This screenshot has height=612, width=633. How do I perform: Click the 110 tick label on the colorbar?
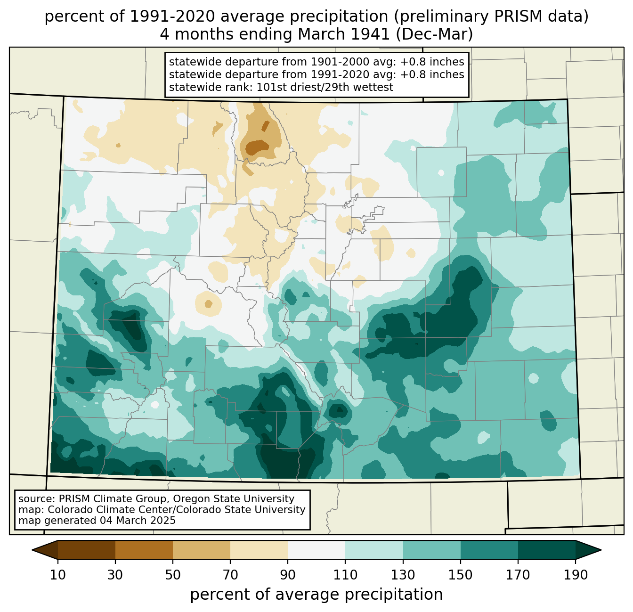345,575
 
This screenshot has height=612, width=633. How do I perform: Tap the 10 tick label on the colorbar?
57,575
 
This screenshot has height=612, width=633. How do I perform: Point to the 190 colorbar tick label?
576,575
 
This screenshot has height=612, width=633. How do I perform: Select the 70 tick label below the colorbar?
230,575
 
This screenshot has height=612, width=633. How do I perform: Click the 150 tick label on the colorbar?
460,575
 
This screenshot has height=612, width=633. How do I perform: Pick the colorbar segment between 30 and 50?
144,550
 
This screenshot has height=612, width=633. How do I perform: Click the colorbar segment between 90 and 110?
316,550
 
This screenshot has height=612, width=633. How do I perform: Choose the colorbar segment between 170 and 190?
546,550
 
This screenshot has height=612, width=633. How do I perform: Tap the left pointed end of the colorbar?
32,550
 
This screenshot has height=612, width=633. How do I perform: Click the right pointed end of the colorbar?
601,550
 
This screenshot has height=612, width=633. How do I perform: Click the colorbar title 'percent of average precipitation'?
316,594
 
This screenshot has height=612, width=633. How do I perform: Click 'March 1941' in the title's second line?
343,34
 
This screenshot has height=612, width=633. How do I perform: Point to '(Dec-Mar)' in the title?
434,34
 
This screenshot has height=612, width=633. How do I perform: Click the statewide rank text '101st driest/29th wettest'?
325,87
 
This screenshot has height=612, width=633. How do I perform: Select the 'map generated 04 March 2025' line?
97,520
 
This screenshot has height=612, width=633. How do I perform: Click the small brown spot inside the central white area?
208,304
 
